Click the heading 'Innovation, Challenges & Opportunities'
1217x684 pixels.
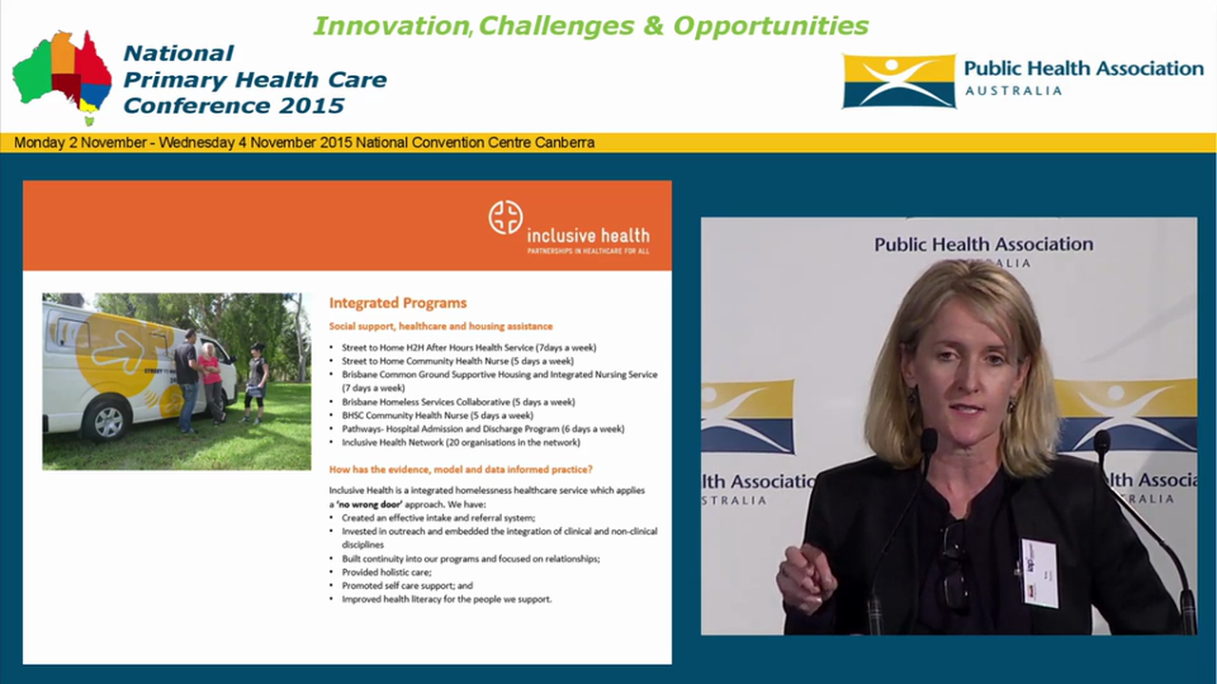click(x=590, y=26)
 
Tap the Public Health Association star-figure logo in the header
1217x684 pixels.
click(x=898, y=81)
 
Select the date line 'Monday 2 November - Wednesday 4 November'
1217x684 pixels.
click(x=304, y=142)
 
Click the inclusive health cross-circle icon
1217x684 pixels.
click(x=506, y=218)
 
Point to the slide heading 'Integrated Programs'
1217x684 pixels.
click(x=397, y=303)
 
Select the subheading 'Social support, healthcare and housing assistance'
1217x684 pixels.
click(x=440, y=326)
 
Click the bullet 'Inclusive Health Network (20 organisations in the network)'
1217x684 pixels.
click(x=460, y=443)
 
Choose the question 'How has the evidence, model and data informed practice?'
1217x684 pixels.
click(x=460, y=469)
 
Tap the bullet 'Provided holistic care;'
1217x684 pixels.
click(x=386, y=572)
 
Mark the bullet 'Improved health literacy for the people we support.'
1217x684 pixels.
click(x=446, y=599)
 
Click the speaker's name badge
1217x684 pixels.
click(x=1039, y=572)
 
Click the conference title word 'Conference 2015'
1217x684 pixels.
click(x=233, y=105)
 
